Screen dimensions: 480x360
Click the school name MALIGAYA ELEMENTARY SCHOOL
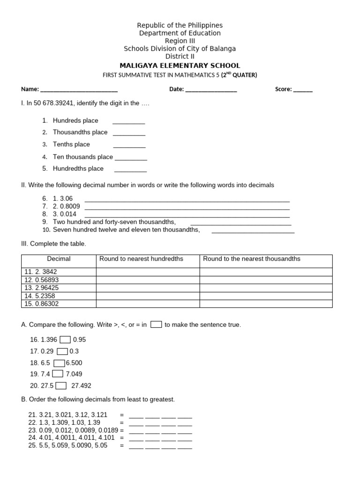[x=180, y=66]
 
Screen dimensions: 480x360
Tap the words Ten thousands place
[x=82, y=157]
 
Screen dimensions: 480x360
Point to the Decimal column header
[x=59, y=259]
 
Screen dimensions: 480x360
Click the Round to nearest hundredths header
[x=141, y=259]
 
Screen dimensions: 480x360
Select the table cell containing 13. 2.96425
[x=59, y=288]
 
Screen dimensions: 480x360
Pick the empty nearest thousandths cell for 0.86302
[x=266, y=304]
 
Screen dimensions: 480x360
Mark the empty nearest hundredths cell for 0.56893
[x=148, y=280]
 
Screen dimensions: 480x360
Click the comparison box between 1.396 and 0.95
[x=65, y=340]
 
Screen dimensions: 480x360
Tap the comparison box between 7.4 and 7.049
[x=58, y=374]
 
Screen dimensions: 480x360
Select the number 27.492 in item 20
[x=81, y=386]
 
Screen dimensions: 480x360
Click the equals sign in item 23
[x=122, y=430]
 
